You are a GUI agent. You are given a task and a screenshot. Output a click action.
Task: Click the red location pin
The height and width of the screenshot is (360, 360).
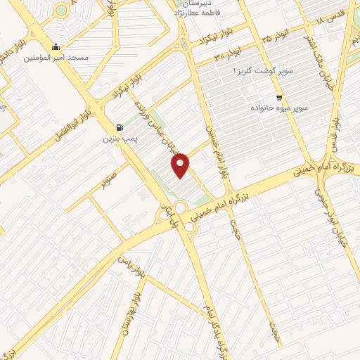pyautogui.click(x=182, y=166)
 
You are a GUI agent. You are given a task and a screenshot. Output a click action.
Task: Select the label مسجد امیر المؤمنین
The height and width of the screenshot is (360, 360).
pyautogui.click(x=58, y=58)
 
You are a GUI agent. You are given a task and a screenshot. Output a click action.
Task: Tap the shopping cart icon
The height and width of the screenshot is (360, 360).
pyautogui.click(x=279, y=97)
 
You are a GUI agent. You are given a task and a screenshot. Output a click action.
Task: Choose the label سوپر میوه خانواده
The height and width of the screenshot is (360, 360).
pyautogui.click(x=279, y=109)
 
